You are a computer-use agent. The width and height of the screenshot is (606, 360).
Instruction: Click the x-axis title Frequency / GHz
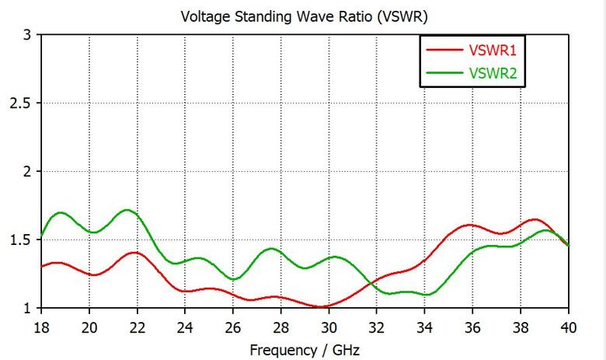click(305, 350)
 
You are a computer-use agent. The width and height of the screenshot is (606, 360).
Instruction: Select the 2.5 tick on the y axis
click(20, 103)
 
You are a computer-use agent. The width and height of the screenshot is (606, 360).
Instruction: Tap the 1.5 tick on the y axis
click(20, 240)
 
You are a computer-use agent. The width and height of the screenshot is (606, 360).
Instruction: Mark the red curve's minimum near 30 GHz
click(320, 306)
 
